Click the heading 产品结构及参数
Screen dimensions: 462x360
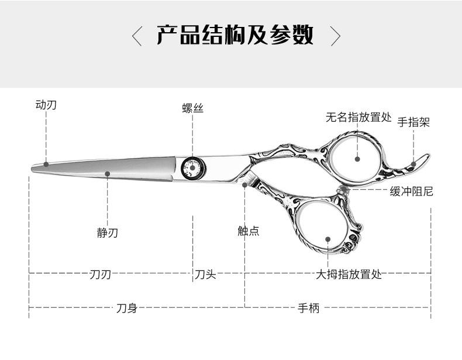[235, 36]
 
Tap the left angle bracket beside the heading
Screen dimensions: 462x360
[137, 36]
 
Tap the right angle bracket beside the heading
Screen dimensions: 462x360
[335, 36]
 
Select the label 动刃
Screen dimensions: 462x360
[46, 105]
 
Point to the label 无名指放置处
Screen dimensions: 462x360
[358, 117]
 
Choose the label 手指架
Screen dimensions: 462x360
[413, 122]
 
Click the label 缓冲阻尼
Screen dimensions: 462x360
[411, 191]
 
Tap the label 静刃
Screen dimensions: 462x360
[107, 232]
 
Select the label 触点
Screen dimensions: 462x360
[248, 231]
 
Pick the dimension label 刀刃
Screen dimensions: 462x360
[100, 274]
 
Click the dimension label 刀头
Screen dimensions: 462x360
[205, 274]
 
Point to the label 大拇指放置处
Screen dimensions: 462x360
[349, 274]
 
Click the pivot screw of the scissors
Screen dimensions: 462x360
[192, 168]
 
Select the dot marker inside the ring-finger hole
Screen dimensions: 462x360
[358, 157]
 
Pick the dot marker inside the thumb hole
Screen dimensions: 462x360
[328, 239]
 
